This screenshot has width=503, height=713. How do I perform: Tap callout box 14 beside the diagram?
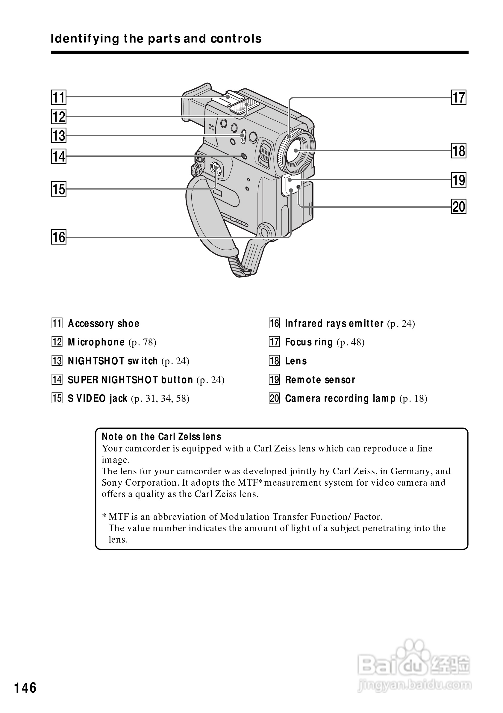click(59, 156)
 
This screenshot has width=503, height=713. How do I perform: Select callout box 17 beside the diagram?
click(459, 97)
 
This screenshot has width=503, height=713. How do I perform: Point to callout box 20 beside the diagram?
click(459, 206)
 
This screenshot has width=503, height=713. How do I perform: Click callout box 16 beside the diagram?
click(59, 237)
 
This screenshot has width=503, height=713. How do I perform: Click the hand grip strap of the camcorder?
click(211, 223)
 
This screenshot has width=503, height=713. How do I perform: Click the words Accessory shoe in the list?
click(104, 324)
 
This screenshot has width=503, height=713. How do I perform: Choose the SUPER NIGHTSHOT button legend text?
click(130, 380)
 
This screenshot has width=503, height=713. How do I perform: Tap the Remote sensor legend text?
click(320, 380)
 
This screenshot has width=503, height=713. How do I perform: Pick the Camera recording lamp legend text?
click(340, 398)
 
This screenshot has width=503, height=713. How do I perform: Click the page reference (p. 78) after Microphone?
click(143, 342)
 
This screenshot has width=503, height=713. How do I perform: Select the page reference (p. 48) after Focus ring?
click(350, 342)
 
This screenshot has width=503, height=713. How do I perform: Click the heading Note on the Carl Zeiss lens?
click(161, 436)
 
